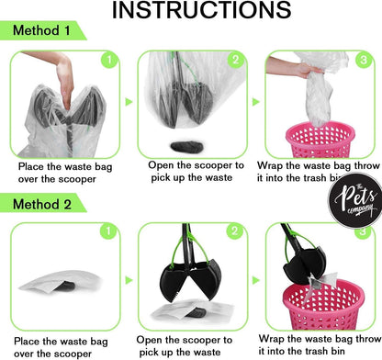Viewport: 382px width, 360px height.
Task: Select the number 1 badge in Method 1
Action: [x=110, y=62]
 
